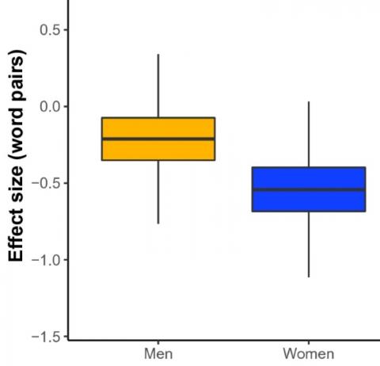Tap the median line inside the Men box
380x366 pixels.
point(158,139)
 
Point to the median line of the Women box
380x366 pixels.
point(308,190)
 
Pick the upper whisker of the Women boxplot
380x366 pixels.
point(308,135)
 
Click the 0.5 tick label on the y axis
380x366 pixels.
point(48,30)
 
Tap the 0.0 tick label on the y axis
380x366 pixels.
point(48,106)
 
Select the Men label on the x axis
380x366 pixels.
point(158,353)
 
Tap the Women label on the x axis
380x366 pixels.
point(308,353)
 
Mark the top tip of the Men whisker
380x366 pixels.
point(158,55)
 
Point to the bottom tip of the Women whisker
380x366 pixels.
point(308,276)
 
